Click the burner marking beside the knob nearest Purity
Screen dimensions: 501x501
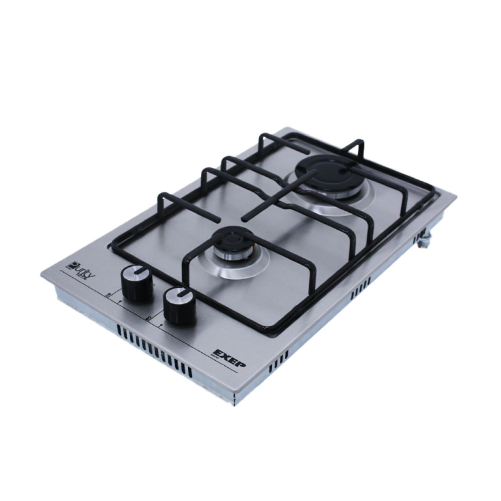pos(107,294)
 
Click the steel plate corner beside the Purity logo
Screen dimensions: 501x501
pos(42,276)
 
